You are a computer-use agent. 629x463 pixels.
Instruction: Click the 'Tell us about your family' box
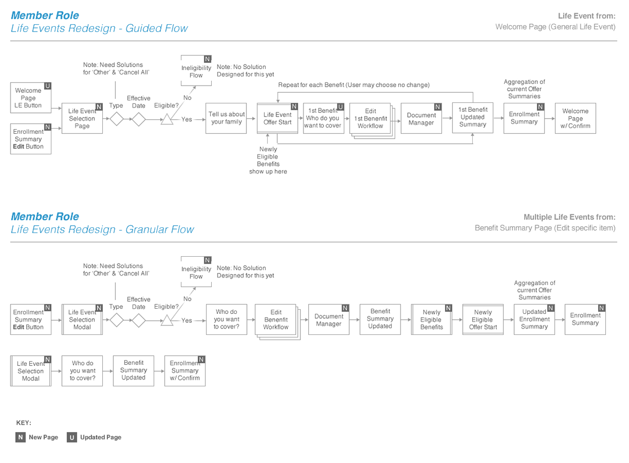pos(226,118)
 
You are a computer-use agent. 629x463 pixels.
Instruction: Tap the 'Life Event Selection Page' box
pos(82,118)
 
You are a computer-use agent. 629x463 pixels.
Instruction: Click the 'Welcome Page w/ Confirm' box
pos(575,118)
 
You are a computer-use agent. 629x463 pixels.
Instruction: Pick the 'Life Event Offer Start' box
pos(277,118)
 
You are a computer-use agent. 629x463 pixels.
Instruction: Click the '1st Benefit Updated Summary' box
pos(472,118)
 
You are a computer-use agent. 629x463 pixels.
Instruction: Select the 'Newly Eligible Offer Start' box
pos(482,319)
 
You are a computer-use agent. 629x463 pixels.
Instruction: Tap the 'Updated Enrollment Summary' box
pos(534,319)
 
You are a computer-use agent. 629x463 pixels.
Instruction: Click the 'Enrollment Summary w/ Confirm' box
pos(185,371)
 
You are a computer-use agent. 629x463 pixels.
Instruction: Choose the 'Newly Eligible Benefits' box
pos(431,319)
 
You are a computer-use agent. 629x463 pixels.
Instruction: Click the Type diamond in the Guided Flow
pos(116,120)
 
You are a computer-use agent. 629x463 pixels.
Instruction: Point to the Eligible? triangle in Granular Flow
pos(167,321)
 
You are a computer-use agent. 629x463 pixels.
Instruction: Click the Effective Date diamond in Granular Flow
pos(138,320)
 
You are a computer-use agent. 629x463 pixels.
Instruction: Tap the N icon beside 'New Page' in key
pos(20,437)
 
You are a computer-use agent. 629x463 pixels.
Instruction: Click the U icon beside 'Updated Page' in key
pos(72,437)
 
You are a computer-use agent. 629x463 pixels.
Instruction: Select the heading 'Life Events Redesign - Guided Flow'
pos(99,29)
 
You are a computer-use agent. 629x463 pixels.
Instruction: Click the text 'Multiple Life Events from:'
pos(569,217)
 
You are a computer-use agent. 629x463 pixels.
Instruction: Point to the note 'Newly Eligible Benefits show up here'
pos(268,160)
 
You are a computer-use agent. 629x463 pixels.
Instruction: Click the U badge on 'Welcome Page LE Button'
pos(48,86)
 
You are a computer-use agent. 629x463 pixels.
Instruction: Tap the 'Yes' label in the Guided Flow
pos(187,120)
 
